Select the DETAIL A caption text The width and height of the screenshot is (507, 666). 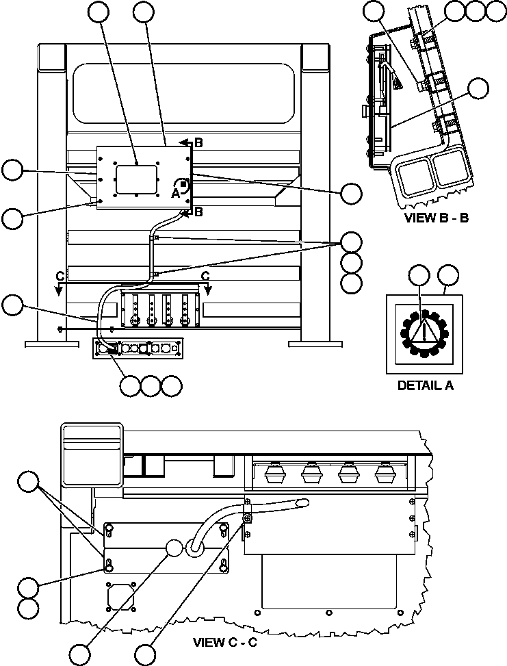(x=425, y=385)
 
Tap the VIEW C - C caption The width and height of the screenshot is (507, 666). (x=226, y=643)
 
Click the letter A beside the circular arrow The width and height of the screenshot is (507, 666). (x=175, y=193)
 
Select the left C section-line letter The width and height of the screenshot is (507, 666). (x=60, y=276)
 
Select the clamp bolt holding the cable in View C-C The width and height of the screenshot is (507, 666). (x=248, y=518)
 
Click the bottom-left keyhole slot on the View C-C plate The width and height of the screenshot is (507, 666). (x=109, y=565)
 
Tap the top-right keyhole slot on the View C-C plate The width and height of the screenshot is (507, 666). (x=223, y=529)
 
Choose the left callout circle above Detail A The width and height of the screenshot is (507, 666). (x=417, y=276)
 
